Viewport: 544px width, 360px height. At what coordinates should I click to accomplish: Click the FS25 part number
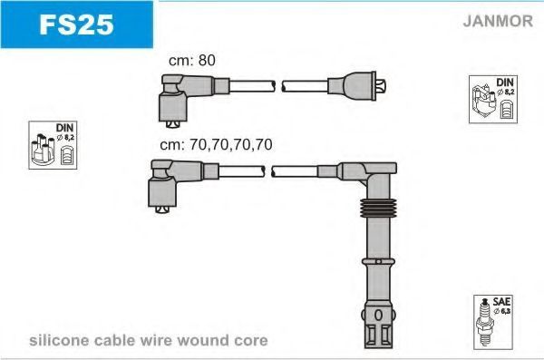click(x=76, y=24)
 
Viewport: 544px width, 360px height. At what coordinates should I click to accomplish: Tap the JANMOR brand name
click(x=498, y=21)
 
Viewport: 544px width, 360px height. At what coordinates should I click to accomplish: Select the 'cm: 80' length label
click(x=192, y=60)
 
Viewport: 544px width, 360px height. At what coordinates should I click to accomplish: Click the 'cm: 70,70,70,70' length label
click(x=216, y=144)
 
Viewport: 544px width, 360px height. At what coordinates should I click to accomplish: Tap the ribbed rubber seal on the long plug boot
click(x=378, y=208)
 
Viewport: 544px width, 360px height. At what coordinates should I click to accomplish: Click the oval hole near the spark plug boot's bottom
click(x=378, y=316)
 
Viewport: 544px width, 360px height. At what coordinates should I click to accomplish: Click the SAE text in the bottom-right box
click(x=501, y=301)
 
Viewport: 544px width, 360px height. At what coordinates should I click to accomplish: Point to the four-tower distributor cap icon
click(x=43, y=150)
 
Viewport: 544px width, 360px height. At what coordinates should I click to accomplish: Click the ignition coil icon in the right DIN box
click(x=483, y=101)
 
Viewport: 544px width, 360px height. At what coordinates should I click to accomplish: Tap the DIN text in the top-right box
click(x=505, y=83)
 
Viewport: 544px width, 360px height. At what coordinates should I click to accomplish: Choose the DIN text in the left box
click(x=64, y=128)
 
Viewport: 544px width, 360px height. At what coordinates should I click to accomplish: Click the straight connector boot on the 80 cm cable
click(x=352, y=86)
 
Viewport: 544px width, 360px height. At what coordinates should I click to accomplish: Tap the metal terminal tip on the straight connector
click(x=381, y=86)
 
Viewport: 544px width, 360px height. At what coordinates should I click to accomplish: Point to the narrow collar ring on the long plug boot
click(x=378, y=261)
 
